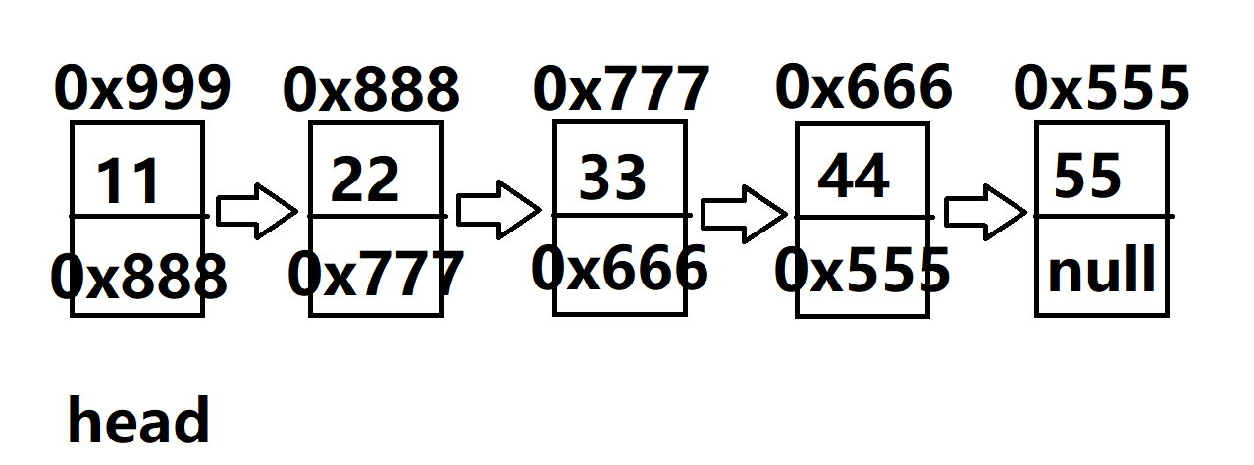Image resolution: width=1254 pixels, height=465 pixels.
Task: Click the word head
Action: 138,421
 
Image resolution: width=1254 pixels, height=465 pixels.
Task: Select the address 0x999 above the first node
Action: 142,89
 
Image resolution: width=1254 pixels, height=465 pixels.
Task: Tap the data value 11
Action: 129,182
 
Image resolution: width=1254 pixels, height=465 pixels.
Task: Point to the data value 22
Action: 365,181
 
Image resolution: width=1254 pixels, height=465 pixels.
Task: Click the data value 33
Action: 613,178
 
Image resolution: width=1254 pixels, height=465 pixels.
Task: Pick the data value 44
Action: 854,177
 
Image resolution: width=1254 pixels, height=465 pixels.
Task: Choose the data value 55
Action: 1087,177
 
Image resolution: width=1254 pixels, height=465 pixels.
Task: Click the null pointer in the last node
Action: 1102,272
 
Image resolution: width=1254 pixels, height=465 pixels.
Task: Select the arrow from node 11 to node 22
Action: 256,210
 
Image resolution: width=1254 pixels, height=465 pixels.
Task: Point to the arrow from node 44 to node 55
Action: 985,211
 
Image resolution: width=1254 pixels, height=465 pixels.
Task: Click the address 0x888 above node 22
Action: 371,91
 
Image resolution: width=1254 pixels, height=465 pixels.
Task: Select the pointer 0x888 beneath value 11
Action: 138,278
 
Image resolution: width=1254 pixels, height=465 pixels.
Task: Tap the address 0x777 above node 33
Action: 620,90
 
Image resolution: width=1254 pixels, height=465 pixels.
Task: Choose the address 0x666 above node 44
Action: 863,87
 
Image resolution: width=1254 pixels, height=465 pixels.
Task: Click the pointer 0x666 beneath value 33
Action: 619,269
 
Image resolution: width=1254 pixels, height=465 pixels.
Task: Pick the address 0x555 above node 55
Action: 1101,88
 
